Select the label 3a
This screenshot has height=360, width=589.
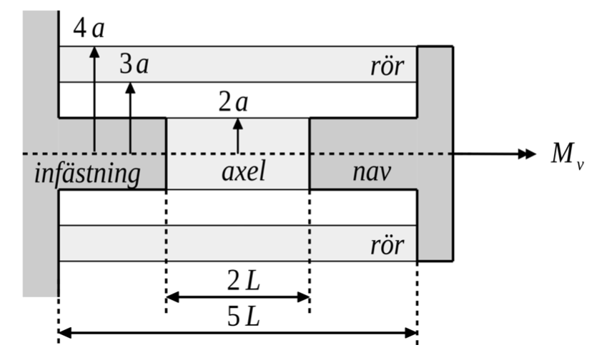click(134, 65)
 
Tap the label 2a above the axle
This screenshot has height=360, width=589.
click(233, 104)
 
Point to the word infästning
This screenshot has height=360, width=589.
click(87, 174)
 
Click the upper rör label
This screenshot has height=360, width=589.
click(387, 66)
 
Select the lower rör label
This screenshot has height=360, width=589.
click(387, 246)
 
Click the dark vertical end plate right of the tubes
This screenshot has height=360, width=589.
click(435, 154)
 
